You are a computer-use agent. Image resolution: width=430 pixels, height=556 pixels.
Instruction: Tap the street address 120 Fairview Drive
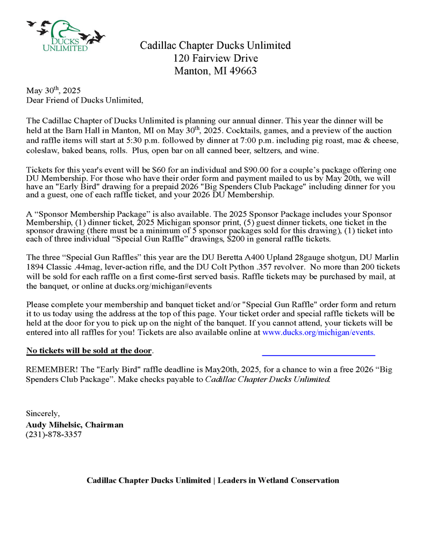[x=215, y=58]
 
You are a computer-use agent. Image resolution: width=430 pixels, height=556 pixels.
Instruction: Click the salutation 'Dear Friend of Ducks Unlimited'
[x=85, y=100]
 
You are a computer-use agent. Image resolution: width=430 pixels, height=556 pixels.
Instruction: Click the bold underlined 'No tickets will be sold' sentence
[x=89, y=351]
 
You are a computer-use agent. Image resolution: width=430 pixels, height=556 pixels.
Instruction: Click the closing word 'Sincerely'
[x=43, y=414]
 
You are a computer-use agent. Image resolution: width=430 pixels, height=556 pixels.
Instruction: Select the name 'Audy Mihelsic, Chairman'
[x=75, y=424]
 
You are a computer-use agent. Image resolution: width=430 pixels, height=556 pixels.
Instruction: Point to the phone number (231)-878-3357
[x=54, y=435]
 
